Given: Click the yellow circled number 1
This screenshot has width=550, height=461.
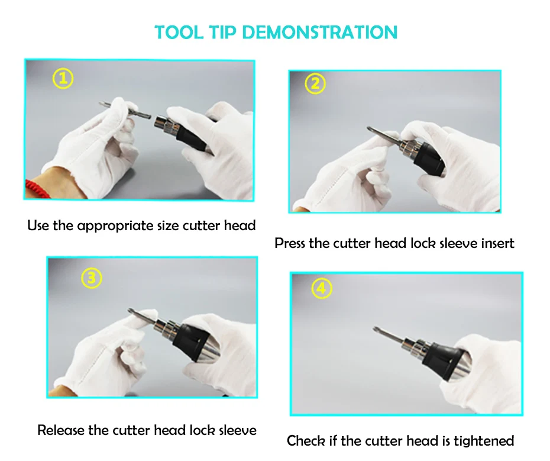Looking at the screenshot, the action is pyautogui.click(x=63, y=78).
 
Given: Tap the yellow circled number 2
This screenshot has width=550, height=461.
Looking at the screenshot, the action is pyautogui.click(x=315, y=83).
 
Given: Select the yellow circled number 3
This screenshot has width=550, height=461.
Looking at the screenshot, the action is pyautogui.click(x=92, y=278).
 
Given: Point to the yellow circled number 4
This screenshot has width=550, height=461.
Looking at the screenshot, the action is pyautogui.click(x=322, y=288).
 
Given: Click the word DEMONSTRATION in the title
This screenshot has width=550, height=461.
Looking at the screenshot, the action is pyautogui.click(x=319, y=33).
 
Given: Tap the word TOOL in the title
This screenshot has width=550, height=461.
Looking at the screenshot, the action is pyautogui.click(x=179, y=33).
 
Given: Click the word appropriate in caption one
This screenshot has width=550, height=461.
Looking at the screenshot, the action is pyautogui.click(x=115, y=226).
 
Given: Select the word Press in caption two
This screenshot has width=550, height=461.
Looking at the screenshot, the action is pyautogui.click(x=289, y=243).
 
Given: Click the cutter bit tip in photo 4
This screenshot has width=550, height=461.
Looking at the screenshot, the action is pyautogui.click(x=375, y=329).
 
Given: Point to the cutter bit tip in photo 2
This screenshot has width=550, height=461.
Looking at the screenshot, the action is pyautogui.click(x=370, y=129).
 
